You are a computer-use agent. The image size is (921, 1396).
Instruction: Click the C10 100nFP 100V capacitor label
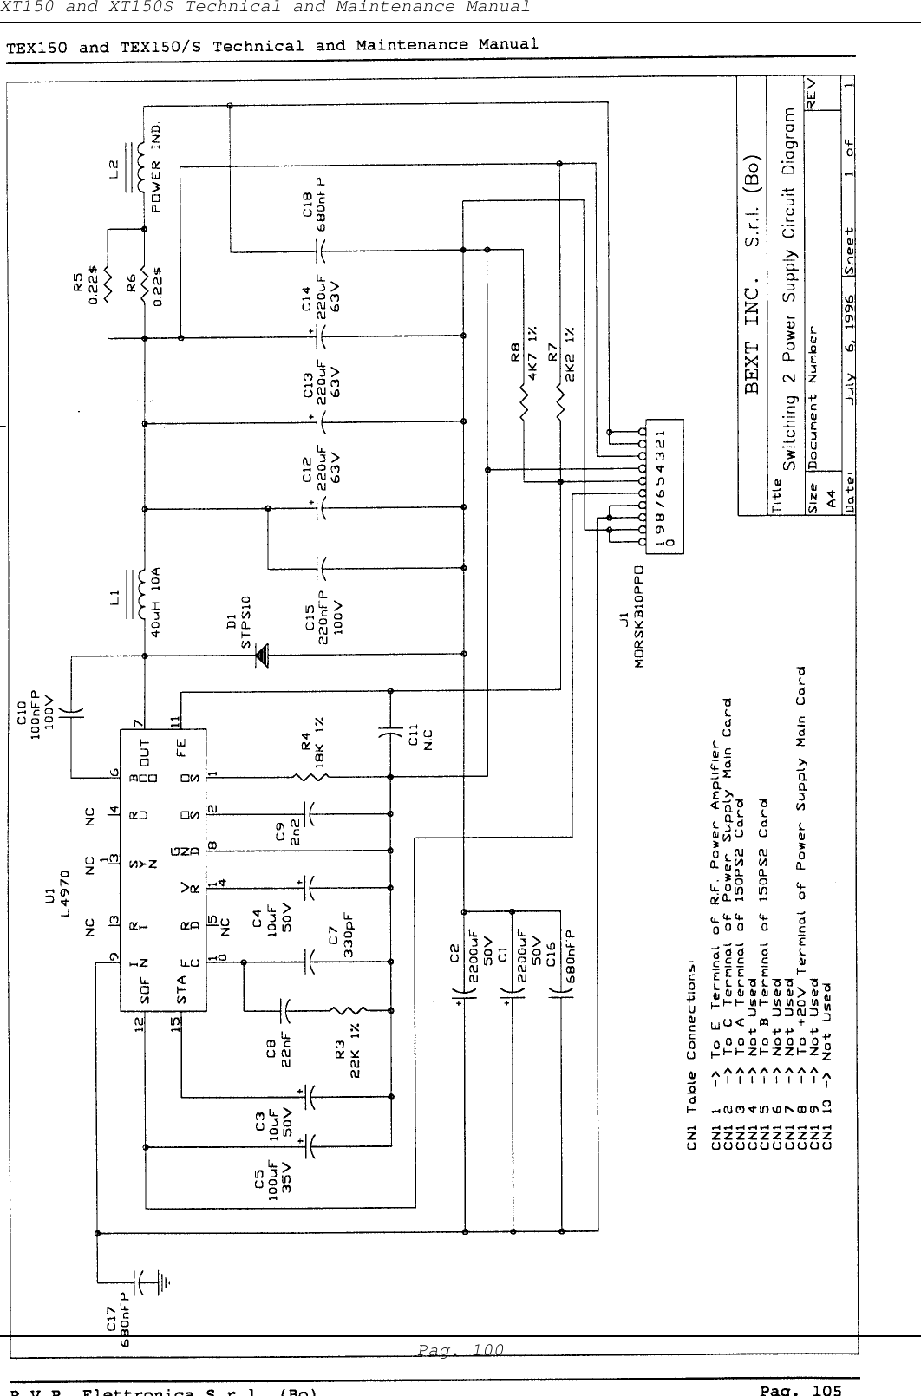pos(40,708)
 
